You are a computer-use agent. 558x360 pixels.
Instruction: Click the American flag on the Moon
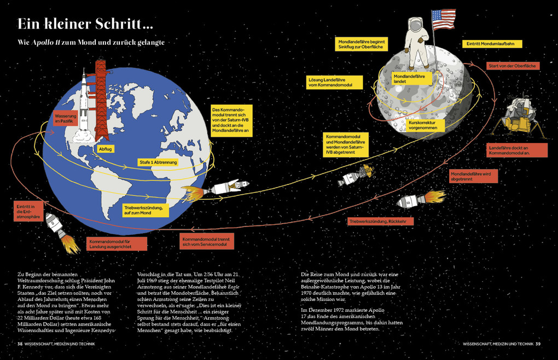pos(444,20)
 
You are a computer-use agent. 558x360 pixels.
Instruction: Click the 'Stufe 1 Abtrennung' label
pos(158,162)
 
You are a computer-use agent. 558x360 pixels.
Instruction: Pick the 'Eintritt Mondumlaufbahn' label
pos(492,44)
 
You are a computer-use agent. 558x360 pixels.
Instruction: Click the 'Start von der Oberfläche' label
pos(513,66)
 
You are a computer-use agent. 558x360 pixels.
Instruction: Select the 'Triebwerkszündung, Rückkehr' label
pos(381,222)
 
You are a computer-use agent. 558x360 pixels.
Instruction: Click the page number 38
pos(20,344)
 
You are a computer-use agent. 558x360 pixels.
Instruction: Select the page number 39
pos(538,344)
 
